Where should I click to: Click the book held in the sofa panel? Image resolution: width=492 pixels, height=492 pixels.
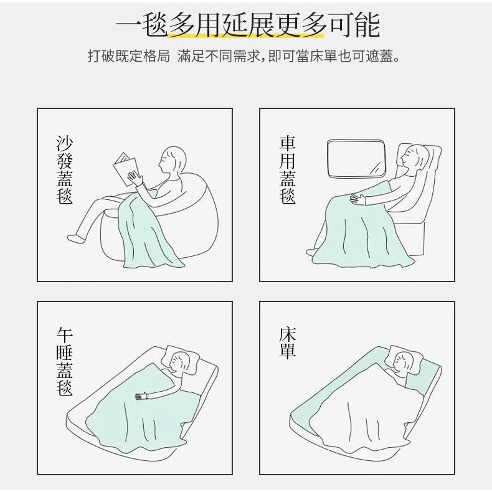click(x=126, y=169)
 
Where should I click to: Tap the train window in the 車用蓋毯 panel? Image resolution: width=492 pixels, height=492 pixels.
click(x=356, y=158)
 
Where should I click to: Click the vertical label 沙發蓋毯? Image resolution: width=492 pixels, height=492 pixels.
click(x=65, y=170)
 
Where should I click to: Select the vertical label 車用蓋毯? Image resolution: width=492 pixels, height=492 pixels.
click(x=288, y=170)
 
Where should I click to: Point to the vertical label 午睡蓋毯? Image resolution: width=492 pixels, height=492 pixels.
click(x=65, y=361)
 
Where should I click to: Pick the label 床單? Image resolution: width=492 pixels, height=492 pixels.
click(x=288, y=343)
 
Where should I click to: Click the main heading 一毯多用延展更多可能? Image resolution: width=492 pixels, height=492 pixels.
click(x=248, y=26)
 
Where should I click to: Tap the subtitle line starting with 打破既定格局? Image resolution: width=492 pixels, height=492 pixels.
click(x=244, y=57)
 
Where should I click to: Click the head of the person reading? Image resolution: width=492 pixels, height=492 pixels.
click(x=173, y=161)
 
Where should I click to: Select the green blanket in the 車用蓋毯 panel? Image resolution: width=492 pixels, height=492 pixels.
click(x=361, y=225)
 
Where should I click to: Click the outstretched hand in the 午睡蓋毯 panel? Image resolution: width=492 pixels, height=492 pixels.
click(x=142, y=395)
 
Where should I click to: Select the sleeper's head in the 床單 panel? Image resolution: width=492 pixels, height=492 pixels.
click(x=403, y=362)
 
